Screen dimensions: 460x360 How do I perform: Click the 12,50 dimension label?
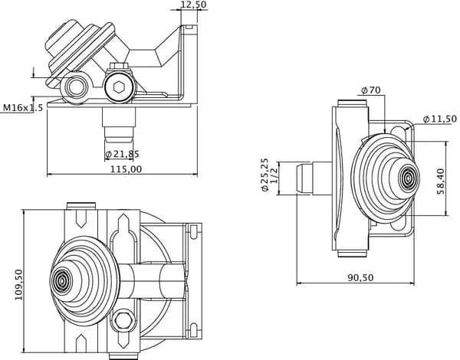pyautogui.click(x=193, y=5)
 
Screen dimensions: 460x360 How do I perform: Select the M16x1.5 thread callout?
pyautogui.click(x=23, y=107)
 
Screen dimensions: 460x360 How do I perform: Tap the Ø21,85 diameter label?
pyautogui.click(x=122, y=154)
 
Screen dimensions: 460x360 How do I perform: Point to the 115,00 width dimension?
pyautogui.click(x=126, y=169)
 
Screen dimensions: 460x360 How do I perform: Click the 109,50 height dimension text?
pyautogui.click(x=18, y=284)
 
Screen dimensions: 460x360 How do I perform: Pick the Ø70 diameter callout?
pyautogui.click(x=370, y=90)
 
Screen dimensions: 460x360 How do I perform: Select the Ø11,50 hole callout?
pyautogui.click(x=440, y=119)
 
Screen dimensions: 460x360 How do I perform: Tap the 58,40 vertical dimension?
pyautogui.click(x=440, y=182)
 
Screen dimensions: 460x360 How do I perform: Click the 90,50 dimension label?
pyautogui.click(x=361, y=277)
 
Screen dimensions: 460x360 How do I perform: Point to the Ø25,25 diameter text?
pyautogui.click(x=264, y=175)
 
